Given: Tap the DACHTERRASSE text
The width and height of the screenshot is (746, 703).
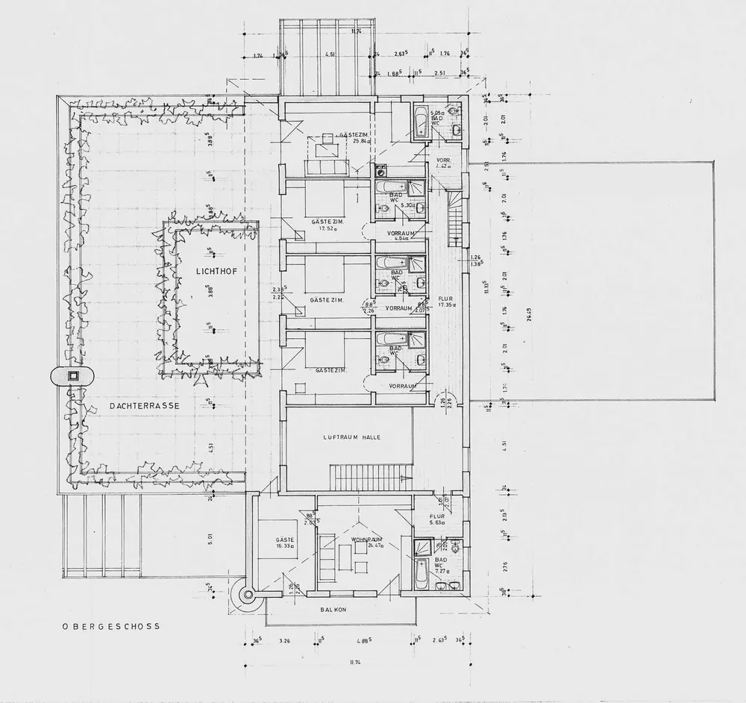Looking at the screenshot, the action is [137, 406].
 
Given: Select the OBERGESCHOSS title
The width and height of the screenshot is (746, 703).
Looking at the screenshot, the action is [111, 628].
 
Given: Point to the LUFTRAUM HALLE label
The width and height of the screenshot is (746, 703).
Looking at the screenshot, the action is [351, 437].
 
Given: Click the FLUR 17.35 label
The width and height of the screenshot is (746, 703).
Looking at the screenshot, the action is [447, 301].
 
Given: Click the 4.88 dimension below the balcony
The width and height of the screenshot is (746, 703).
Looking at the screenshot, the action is [365, 641].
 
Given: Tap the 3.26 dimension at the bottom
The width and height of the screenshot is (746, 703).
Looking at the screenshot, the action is [283, 641].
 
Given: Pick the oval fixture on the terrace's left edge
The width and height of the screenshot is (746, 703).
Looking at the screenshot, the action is [72, 376].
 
